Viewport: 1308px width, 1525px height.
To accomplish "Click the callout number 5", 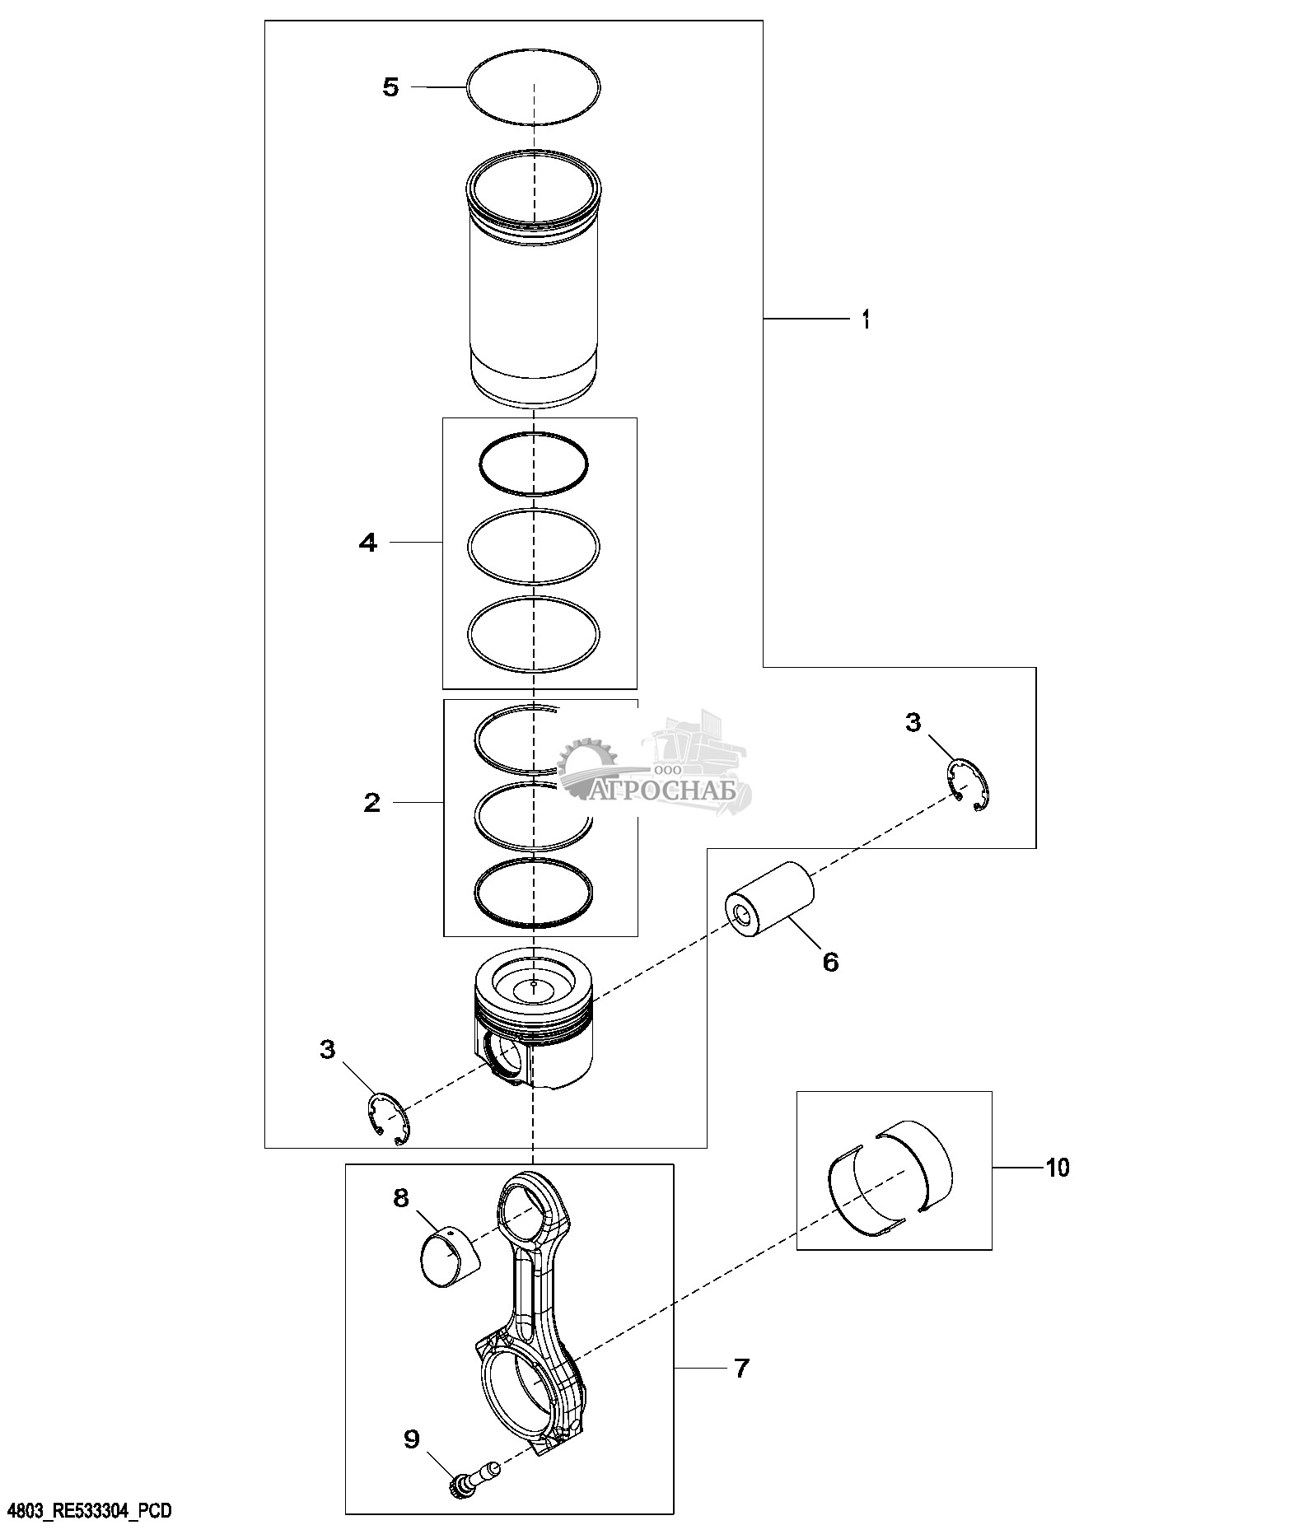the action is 390,87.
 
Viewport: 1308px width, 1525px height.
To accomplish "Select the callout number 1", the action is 866,319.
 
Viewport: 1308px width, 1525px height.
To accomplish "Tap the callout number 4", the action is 368,543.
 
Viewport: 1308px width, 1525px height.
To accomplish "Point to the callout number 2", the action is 372,803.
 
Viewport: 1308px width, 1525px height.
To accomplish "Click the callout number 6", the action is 830,961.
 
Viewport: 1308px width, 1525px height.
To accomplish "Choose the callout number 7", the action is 741,1369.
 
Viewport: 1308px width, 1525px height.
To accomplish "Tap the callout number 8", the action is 401,1198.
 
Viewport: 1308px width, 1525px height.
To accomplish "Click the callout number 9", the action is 411,1439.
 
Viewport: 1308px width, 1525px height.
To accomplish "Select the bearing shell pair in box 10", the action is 890,1178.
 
